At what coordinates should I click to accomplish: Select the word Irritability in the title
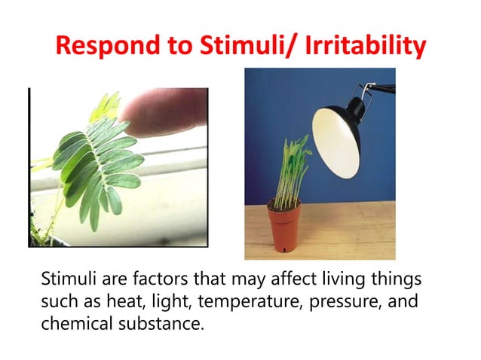[361, 46]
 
